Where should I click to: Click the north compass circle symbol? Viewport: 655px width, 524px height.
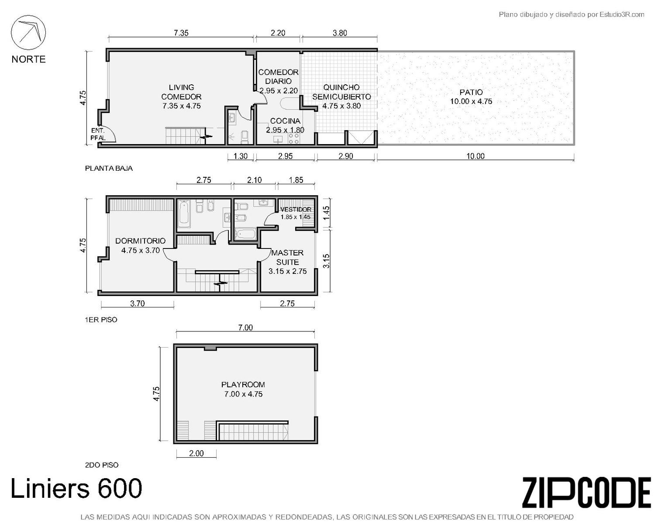tap(28, 32)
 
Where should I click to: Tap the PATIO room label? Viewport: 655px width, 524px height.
tap(471, 92)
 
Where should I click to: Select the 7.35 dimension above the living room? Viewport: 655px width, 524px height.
tap(181, 33)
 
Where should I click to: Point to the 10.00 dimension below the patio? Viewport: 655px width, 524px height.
tap(475, 156)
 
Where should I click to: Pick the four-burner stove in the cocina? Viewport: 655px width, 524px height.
tap(294, 138)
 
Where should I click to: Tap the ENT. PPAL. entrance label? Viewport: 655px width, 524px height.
tap(98, 134)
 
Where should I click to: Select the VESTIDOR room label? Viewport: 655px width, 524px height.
tap(296, 210)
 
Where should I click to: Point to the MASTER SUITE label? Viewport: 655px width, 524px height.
tap(287, 257)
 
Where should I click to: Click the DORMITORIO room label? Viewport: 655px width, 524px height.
tap(140, 241)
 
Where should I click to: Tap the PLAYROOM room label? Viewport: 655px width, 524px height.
tap(243, 385)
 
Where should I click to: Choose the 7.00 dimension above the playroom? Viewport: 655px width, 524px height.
tap(245, 327)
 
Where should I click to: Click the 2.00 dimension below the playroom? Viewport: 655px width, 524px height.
tap(196, 453)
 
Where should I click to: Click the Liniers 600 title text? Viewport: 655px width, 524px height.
tap(76, 488)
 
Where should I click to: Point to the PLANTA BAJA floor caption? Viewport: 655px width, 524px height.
tap(109, 169)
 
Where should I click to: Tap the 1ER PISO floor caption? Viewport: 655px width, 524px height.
tap(101, 320)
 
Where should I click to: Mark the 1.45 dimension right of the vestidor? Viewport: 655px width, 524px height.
tap(326, 213)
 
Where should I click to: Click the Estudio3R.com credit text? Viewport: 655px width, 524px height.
tap(622, 14)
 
